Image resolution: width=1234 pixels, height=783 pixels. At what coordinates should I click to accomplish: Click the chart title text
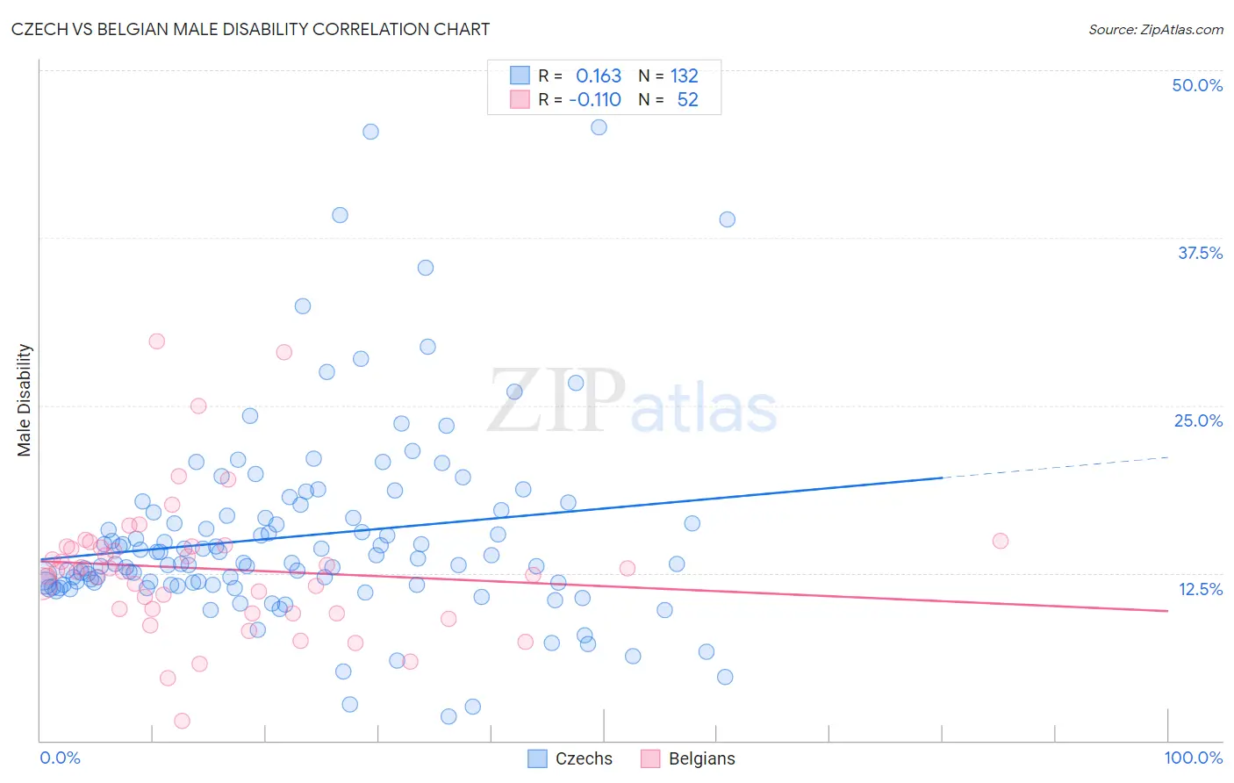(x=250, y=29)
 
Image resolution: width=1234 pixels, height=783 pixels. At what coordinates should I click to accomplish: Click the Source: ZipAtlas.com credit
(x=1155, y=29)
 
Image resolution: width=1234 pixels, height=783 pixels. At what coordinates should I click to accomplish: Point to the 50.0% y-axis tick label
(x=1197, y=85)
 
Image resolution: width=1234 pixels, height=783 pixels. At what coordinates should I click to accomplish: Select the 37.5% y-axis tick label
(x=1200, y=253)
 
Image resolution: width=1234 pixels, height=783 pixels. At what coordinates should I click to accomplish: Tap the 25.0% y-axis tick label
(x=1198, y=420)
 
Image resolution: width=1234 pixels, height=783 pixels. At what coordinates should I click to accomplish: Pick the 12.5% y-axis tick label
(x=1200, y=589)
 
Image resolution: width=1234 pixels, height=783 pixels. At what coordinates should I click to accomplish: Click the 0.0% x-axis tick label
(x=60, y=758)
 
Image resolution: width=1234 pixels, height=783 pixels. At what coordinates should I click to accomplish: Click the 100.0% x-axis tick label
(x=1193, y=758)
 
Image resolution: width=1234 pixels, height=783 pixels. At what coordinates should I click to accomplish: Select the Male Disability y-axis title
(x=25, y=399)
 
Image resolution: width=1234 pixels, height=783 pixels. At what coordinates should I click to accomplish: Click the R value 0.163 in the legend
(x=598, y=76)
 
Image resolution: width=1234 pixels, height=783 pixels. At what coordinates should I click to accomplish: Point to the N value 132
(x=684, y=76)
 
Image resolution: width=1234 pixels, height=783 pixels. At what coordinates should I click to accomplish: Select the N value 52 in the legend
(x=687, y=100)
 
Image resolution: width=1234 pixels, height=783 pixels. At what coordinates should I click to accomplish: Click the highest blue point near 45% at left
(x=370, y=132)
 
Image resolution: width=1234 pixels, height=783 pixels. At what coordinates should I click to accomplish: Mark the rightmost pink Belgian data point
(x=1000, y=541)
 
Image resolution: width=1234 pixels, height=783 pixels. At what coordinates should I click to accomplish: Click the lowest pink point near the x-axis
(x=182, y=721)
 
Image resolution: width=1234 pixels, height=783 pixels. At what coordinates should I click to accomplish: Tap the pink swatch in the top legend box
(x=520, y=100)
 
